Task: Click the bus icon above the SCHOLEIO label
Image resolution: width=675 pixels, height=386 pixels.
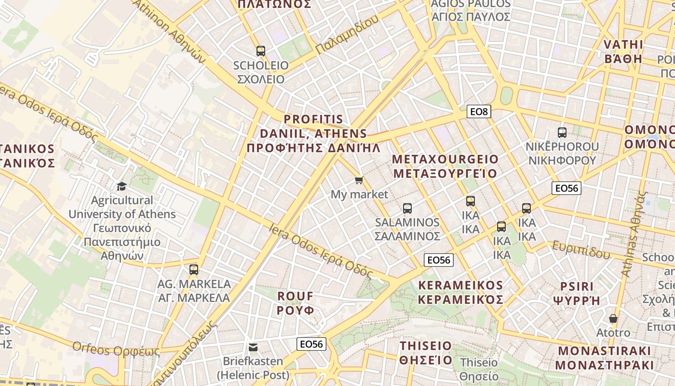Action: pyautogui.click(x=261, y=51)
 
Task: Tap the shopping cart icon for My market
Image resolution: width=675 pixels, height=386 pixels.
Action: pyautogui.click(x=359, y=180)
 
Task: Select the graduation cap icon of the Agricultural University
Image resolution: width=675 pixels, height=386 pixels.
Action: pyautogui.click(x=121, y=186)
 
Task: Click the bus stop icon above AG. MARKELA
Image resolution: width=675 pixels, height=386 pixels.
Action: pyautogui.click(x=194, y=270)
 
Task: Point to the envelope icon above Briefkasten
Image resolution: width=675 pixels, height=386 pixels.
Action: pyautogui.click(x=253, y=347)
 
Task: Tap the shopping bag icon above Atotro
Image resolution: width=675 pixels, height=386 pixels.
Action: pyautogui.click(x=613, y=318)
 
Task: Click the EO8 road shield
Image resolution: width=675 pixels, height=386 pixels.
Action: pyautogui.click(x=479, y=112)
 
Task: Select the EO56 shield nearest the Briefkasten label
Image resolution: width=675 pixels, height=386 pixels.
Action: pyautogui.click(x=311, y=344)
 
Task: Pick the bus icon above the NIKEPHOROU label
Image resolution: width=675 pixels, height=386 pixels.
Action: pyautogui.click(x=562, y=132)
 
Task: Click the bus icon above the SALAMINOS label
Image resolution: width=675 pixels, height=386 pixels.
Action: pyautogui.click(x=407, y=208)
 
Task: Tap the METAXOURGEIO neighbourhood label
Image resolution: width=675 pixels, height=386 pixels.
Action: pyautogui.click(x=445, y=166)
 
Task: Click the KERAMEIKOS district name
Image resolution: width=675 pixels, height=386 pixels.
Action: pyautogui.click(x=460, y=292)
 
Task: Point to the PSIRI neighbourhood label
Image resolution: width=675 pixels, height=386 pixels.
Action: pyautogui.click(x=577, y=293)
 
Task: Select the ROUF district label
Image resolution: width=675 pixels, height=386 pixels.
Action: pyautogui.click(x=296, y=303)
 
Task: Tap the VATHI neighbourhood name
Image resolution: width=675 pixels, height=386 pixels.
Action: pyautogui.click(x=623, y=52)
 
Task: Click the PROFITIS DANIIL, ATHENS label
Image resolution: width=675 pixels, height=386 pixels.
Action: pyautogui.click(x=313, y=134)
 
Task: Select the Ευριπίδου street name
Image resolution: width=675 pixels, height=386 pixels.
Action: pyautogui.click(x=581, y=249)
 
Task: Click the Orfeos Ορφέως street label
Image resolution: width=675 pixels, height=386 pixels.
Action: pyautogui.click(x=116, y=348)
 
